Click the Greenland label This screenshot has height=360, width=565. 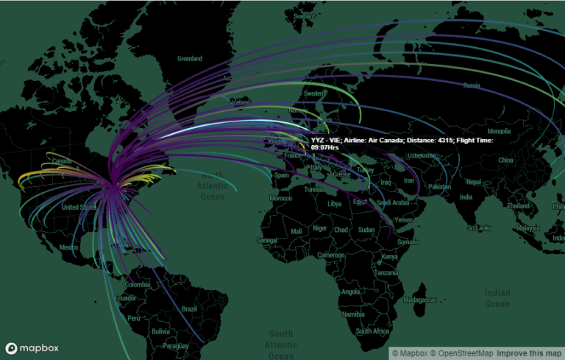coord(189,57)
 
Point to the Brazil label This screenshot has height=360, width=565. coord(189,308)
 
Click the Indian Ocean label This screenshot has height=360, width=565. coord(497,298)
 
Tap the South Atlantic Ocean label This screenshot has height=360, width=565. coord(280,345)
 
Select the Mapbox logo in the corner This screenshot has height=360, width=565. coord(32,347)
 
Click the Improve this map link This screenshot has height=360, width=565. coord(527,353)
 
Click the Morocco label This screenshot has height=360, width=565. coord(280,199)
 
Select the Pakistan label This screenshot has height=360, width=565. coord(440,187)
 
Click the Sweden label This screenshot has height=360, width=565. coord(314,93)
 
